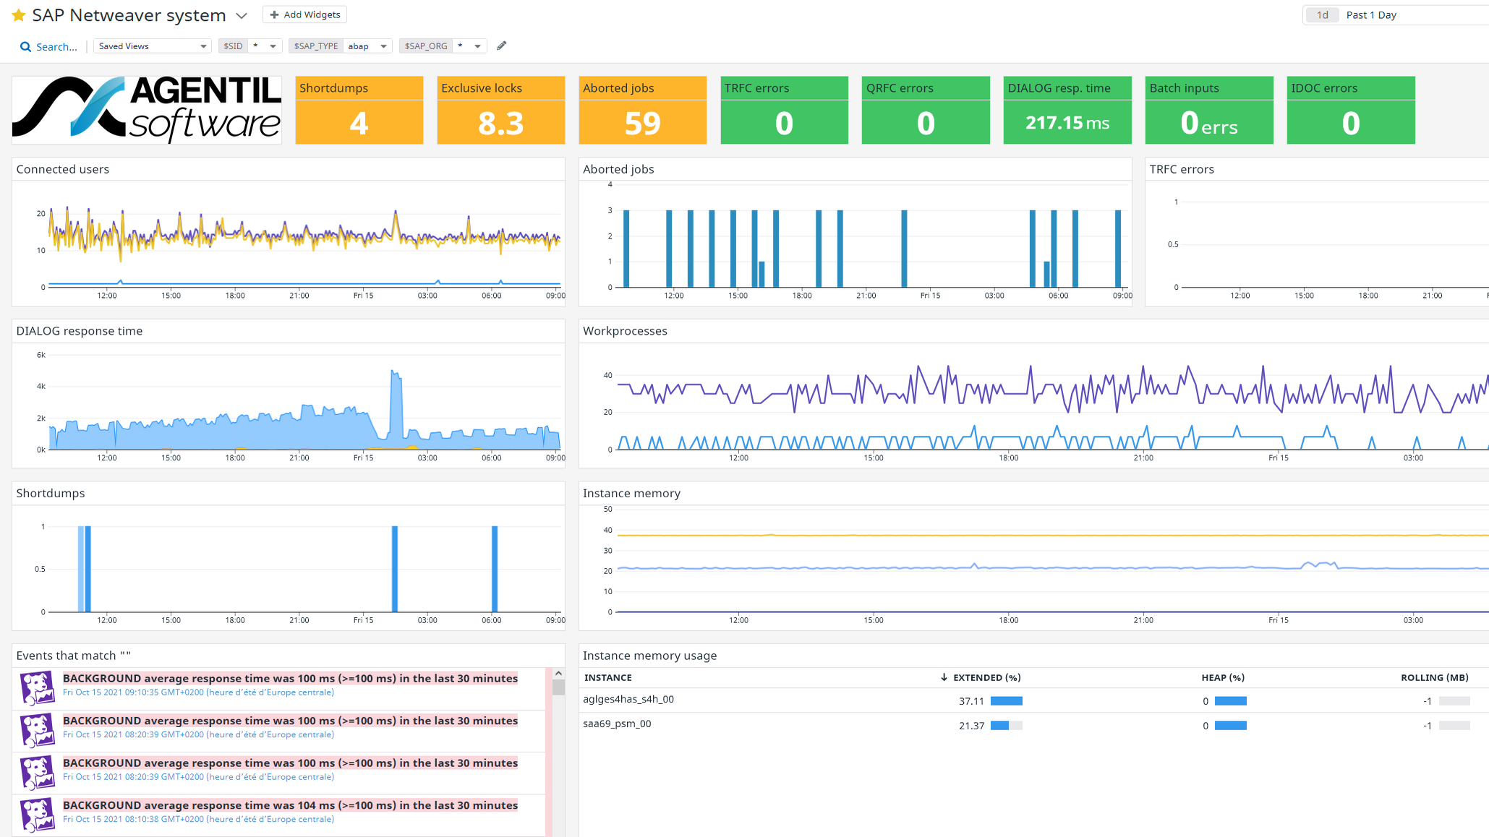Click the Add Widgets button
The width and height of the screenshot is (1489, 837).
pyautogui.click(x=304, y=14)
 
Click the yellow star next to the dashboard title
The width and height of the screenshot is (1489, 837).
pyautogui.click(x=19, y=15)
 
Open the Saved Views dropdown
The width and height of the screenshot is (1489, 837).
pyautogui.click(x=152, y=46)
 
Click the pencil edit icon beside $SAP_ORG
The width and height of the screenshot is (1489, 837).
pyautogui.click(x=501, y=46)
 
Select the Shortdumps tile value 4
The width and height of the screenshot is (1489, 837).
pyautogui.click(x=359, y=123)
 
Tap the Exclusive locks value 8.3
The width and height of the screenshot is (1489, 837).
pyautogui.click(x=500, y=123)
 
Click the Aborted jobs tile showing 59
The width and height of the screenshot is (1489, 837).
pyautogui.click(x=642, y=123)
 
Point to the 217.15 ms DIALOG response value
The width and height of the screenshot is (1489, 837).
pyautogui.click(x=1067, y=123)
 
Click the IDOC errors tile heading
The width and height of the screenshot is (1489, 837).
pyautogui.click(x=1323, y=88)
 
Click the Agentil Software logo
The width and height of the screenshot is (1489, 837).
pyautogui.click(x=147, y=110)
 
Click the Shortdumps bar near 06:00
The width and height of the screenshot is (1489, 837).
pyautogui.click(x=495, y=568)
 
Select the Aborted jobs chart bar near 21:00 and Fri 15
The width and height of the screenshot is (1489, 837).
pyautogui.click(x=904, y=248)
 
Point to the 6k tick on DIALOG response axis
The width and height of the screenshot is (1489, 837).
pyautogui.click(x=41, y=355)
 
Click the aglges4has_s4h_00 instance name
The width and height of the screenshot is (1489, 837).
pyautogui.click(x=628, y=700)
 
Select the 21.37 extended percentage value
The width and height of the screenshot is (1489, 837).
pyautogui.click(x=971, y=726)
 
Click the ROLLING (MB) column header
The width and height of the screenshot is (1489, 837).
pyautogui.click(x=1434, y=678)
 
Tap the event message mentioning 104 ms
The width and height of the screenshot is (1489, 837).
pyautogui.click(x=290, y=805)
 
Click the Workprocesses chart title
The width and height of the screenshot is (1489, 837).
pyautogui.click(x=625, y=331)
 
